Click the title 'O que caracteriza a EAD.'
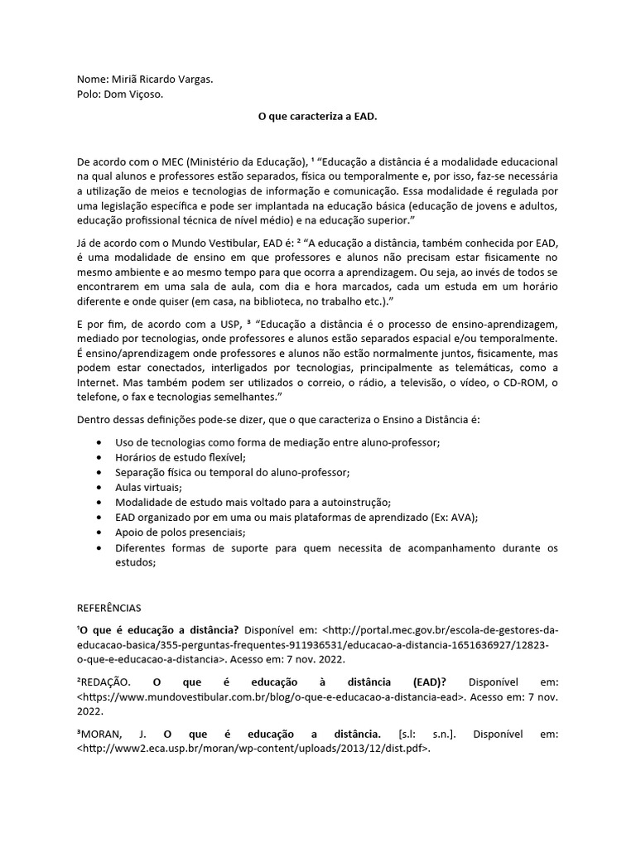tap(317, 118)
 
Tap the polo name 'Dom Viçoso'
tap(133, 94)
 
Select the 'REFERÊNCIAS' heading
tap(109, 607)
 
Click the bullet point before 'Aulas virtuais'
tap(100, 488)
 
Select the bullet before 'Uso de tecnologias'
tap(100, 442)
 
